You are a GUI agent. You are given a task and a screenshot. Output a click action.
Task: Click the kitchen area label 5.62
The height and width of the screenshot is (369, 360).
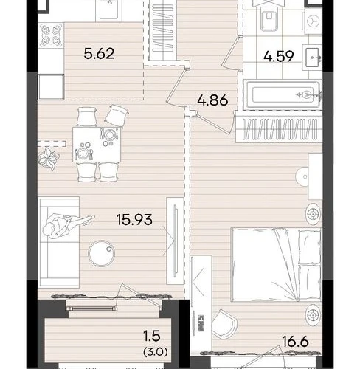pos(99,54)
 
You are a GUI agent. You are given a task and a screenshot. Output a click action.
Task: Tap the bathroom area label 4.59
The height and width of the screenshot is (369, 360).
pos(279,56)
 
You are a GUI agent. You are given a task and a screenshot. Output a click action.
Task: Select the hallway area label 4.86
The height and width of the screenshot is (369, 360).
pos(212,100)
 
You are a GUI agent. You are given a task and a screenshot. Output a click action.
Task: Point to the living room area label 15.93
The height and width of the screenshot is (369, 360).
pos(134,219)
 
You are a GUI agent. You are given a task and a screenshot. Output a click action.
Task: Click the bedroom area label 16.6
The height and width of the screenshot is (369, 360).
pos(295,342)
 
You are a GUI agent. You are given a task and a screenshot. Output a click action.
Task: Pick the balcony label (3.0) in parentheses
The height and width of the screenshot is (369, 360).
pos(156,352)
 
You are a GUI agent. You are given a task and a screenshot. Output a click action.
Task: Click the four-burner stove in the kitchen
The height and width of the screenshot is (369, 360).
pos(51,35)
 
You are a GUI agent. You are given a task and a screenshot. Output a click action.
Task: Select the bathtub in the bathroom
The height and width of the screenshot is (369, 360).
pos(283,94)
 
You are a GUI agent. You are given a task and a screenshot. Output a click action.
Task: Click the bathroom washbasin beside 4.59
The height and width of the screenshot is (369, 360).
pos(312,58)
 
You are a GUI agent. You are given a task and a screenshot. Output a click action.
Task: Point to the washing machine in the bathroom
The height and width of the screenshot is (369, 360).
pos(314,20)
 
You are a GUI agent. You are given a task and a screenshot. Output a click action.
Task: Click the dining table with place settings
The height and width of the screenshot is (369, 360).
pos(97,144)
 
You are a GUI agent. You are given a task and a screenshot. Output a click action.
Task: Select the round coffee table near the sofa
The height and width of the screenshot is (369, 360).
pos(101,253)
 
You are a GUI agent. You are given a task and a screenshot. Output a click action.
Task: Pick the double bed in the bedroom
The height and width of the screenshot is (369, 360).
pos(277,264)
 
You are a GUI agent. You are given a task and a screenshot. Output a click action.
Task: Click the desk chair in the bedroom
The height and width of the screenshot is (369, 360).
pos(224,324)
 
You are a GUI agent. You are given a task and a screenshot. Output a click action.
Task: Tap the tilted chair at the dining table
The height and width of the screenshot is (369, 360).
pos(117,115)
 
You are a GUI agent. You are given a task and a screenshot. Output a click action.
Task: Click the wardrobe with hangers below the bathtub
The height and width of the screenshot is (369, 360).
pos(279,129)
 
